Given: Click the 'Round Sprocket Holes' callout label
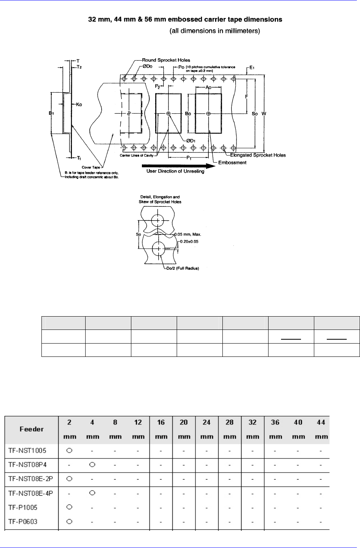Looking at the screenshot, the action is [x=166, y=60].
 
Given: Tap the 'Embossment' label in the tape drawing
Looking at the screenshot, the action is [x=232, y=162].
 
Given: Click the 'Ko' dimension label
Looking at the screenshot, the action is [x=79, y=104].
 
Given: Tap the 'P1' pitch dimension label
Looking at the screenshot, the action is [x=189, y=158].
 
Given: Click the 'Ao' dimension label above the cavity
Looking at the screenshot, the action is [x=208, y=88].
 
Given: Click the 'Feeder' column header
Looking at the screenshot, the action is [x=32, y=429].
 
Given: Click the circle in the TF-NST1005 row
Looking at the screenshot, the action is [x=69, y=450].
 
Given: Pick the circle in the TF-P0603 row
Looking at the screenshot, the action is [x=69, y=521].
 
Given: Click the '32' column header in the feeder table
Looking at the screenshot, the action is [x=253, y=422].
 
